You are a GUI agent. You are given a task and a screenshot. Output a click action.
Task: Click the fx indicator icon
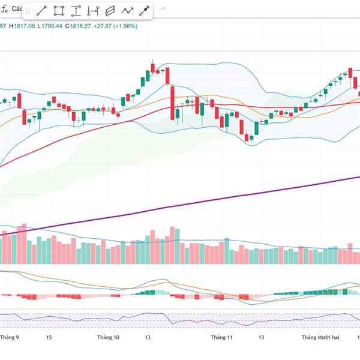(4, 10)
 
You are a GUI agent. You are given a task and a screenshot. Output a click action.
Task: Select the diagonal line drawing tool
(41, 11)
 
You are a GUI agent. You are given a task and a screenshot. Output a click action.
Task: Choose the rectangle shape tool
(59, 11)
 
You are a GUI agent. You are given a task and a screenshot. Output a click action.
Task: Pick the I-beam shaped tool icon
(76, 11)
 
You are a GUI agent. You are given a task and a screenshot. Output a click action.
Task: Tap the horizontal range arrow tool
(93, 11)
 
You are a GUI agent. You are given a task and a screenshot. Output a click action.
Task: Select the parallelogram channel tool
(110, 11)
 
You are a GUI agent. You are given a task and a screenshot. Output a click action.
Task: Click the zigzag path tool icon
(127, 11)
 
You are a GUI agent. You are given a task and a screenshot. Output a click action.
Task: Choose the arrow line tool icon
(145, 11)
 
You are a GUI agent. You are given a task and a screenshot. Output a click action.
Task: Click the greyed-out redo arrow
(163, 10)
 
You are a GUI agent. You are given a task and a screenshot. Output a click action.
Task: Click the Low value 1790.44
(52, 26)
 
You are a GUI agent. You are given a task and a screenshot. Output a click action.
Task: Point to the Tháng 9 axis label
(10, 337)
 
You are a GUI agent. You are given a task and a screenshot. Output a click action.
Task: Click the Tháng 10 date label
(108, 337)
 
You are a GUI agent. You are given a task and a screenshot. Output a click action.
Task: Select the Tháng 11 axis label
(221, 337)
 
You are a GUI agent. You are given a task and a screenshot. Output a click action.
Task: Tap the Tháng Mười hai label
(320, 337)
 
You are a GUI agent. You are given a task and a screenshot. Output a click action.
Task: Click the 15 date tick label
(49, 337)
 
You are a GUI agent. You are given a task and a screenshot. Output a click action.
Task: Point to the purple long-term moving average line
(240, 196)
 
